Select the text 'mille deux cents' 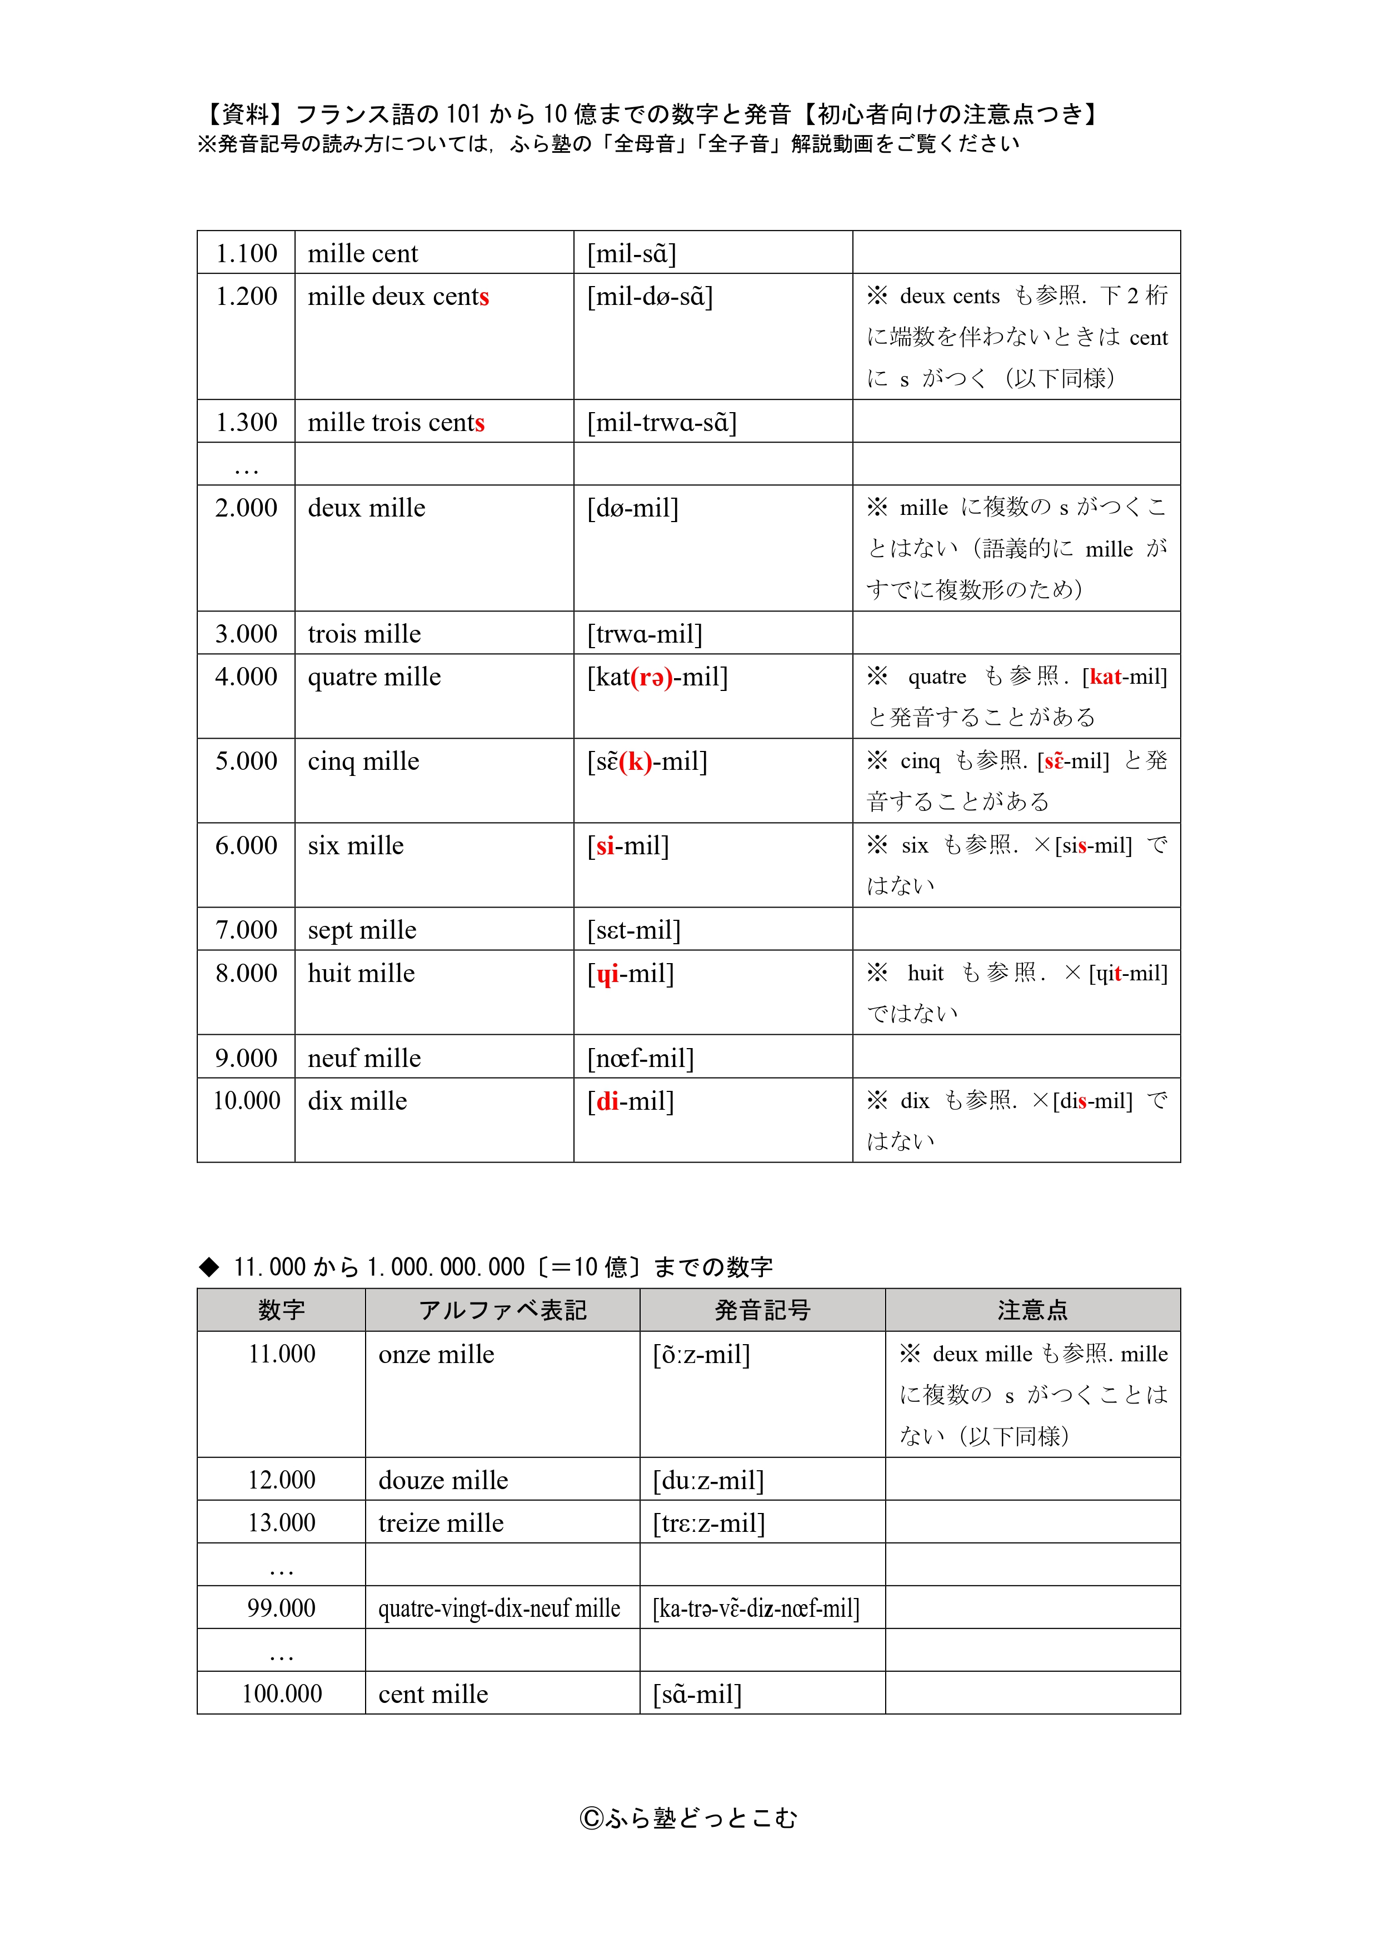(x=398, y=296)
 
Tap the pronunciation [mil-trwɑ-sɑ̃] (x=661, y=422)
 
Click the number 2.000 (x=246, y=508)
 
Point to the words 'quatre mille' (x=375, y=677)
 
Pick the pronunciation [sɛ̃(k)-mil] (x=647, y=761)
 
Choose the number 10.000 (x=246, y=1101)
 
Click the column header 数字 (x=281, y=1310)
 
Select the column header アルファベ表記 (x=503, y=1310)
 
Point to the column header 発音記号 (x=762, y=1310)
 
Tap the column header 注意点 (x=1032, y=1310)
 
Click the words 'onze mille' (x=436, y=1354)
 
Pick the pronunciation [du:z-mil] (x=708, y=1480)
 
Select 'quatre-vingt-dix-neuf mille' (x=499, y=1609)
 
